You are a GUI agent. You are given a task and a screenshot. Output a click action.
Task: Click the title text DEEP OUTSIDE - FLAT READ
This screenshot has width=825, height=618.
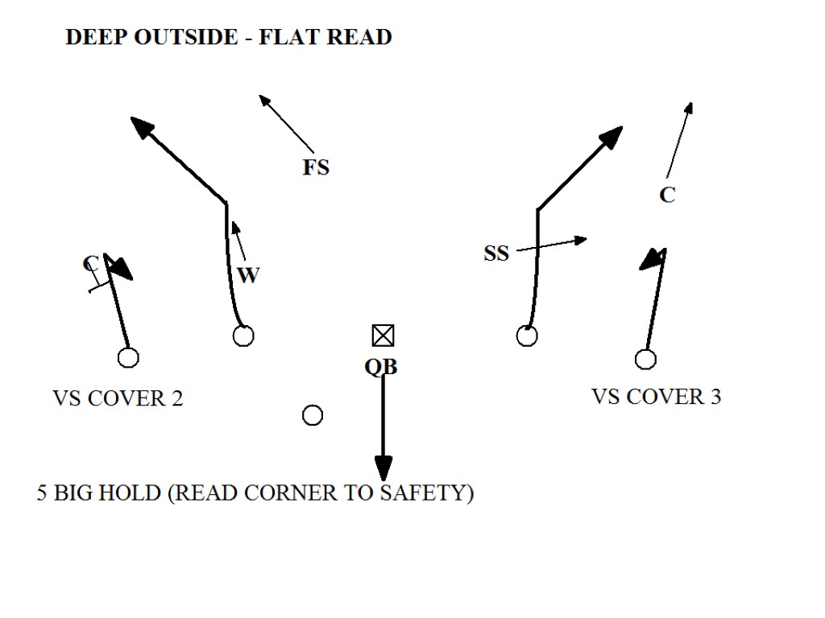(228, 38)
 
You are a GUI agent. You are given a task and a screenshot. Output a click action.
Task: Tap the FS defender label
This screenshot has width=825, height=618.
(316, 167)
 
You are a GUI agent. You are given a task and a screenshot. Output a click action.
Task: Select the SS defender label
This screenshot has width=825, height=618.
(496, 253)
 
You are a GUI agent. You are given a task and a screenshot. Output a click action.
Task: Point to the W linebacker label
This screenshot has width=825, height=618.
(248, 276)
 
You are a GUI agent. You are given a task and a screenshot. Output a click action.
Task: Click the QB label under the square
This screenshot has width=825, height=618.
(381, 367)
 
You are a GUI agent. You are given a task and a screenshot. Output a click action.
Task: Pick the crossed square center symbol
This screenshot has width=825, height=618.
(383, 335)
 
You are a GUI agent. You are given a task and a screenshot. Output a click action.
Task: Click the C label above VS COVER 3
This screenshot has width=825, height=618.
(667, 195)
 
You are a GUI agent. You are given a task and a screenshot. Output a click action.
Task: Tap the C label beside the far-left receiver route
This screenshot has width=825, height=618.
(90, 264)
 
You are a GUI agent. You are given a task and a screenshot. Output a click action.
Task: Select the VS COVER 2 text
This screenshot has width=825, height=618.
(118, 398)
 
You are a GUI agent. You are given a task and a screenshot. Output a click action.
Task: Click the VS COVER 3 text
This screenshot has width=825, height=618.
(657, 397)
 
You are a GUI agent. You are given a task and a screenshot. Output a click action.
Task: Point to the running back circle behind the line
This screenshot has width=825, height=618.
(313, 415)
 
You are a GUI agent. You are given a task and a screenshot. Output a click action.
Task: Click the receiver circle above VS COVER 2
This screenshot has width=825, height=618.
(128, 357)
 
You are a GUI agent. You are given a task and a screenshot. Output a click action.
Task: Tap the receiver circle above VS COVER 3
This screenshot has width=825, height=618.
(645, 359)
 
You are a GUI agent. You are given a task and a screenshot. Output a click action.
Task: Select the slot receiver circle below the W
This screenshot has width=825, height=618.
(243, 336)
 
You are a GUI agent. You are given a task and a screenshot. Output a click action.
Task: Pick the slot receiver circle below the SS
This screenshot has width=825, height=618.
(527, 336)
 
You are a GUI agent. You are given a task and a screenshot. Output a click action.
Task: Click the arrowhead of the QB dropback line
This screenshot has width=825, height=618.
(383, 469)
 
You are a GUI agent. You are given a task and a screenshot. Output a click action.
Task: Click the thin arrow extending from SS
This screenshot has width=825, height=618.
(552, 244)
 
